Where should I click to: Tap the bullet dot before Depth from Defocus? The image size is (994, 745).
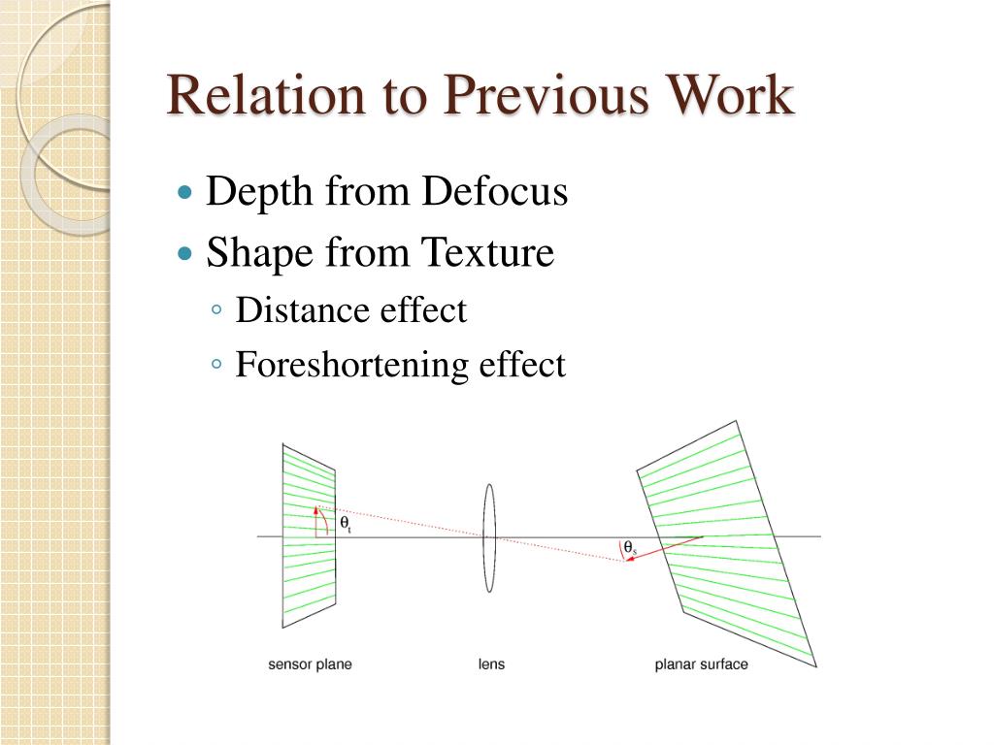[x=186, y=192]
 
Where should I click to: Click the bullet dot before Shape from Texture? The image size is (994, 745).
[x=186, y=253]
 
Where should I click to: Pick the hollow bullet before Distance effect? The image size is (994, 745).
[x=217, y=310]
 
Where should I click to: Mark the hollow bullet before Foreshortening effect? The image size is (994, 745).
[x=217, y=365]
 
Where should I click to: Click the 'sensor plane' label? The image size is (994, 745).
[x=310, y=664]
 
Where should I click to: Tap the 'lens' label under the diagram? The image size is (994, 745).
[x=491, y=664]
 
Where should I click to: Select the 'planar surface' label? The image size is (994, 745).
[x=702, y=664]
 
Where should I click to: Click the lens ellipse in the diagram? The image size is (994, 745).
[x=489, y=537]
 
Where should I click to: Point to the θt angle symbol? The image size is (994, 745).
[x=346, y=524]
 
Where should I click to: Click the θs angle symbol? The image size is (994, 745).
[x=629, y=548]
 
